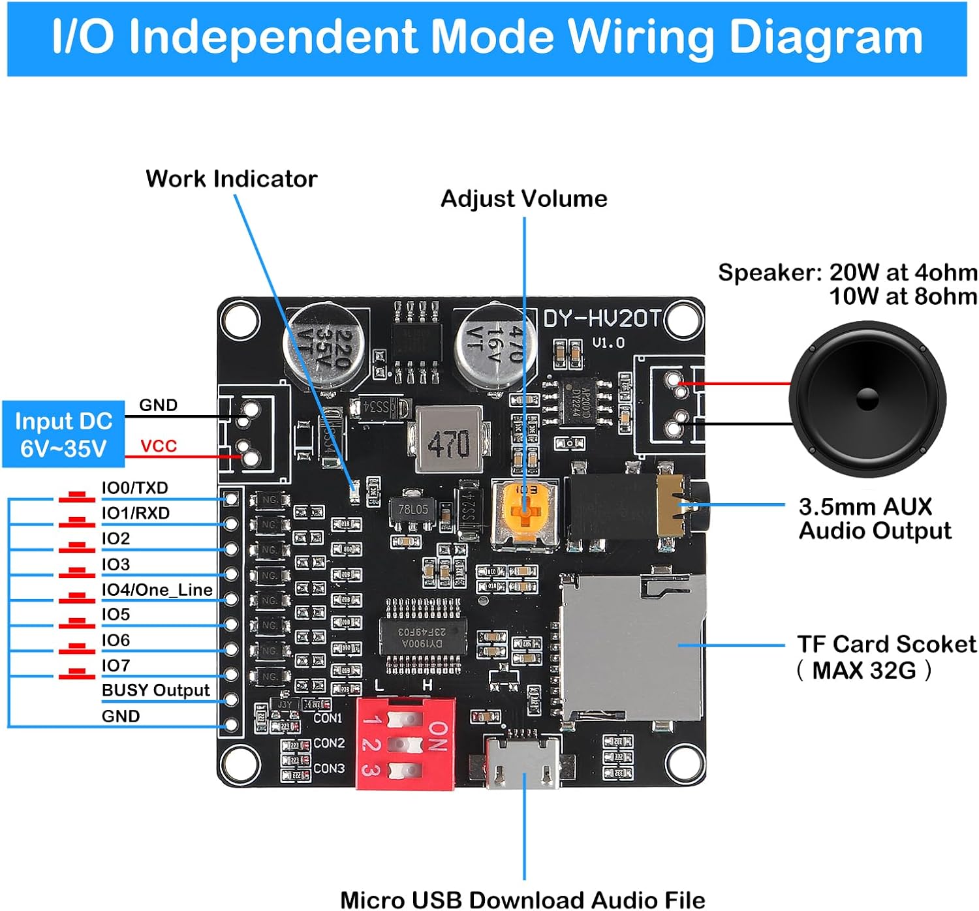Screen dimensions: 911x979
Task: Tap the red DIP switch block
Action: [405, 744]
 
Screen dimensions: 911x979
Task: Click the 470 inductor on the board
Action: [448, 440]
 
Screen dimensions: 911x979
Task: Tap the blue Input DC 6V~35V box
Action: [63, 435]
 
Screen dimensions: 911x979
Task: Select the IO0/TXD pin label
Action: [135, 487]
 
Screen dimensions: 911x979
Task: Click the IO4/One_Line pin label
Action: [157, 590]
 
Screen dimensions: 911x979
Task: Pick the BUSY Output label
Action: [155, 690]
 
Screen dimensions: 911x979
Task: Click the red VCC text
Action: [159, 446]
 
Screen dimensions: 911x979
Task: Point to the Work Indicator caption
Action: [231, 179]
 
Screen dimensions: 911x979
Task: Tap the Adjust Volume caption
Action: [523, 198]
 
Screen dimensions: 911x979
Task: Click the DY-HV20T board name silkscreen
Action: [602, 318]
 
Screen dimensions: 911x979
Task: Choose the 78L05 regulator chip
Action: [412, 510]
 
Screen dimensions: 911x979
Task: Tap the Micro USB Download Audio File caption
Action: [522, 899]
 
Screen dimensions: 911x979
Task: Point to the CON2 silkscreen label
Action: [329, 743]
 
